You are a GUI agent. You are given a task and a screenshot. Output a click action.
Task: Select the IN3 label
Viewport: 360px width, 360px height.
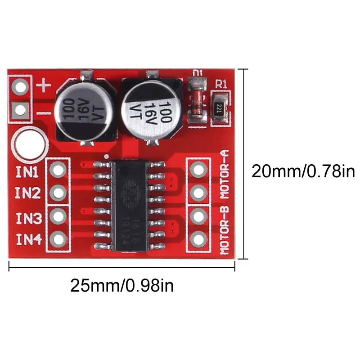(x=29, y=218)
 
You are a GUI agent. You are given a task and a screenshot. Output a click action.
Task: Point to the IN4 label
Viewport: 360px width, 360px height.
(x=29, y=239)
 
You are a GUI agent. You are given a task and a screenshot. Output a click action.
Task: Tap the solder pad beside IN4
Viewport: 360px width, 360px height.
(x=58, y=238)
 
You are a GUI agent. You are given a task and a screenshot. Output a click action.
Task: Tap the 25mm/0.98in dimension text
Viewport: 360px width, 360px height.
(x=122, y=286)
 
